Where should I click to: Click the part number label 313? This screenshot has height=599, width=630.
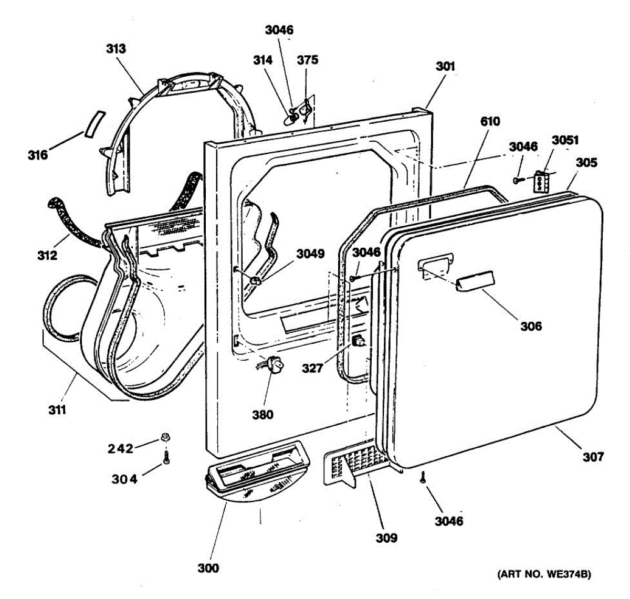click(116, 49)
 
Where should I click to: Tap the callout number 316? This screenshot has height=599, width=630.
click(38, 155)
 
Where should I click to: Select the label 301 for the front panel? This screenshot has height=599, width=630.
click(445, 67)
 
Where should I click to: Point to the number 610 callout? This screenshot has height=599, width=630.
click(490, 122)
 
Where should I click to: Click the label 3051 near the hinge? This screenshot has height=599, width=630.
click(565, 140)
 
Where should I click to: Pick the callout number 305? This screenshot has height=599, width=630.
click(586, 163)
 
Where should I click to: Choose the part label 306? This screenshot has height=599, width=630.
click(531, 326)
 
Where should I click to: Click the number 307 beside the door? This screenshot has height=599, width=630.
click(593, 457)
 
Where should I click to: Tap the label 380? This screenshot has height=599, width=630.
click(262, 415)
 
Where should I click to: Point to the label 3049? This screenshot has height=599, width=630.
click(310, 254)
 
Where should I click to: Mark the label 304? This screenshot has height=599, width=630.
click(124, 479)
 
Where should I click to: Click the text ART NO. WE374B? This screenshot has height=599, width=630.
click(544, 574)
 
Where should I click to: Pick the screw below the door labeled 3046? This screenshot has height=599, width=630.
click(423, 477)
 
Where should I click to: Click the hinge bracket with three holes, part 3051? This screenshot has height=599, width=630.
click(541, 182)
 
